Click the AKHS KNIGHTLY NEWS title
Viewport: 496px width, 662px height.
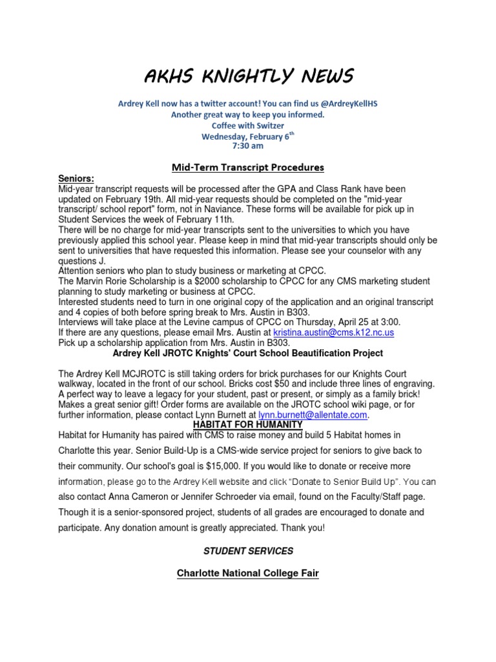(x=248, y=77)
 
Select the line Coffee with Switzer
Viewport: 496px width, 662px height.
(x=248, y=125)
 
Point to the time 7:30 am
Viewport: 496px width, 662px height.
(x=248, y=146)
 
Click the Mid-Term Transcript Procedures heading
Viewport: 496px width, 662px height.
(x=248, y=167)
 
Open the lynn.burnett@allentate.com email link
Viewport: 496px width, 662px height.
(x=313, y=414)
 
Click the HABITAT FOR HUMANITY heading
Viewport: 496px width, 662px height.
(x=248, y=424)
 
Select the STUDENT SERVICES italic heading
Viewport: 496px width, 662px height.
(x=248, y=551)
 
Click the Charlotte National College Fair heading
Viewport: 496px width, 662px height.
(x=248, y=573)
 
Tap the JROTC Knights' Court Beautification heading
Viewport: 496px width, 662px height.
(x=248, y=353)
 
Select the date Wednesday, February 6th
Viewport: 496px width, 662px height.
(x=247, y=136)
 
